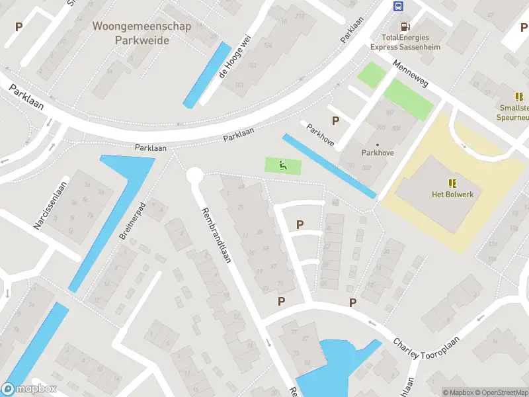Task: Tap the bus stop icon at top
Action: (399, 7)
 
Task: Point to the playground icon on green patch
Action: (283, 165)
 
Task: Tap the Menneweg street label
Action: (410, 76)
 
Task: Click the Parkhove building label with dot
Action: (378, 152)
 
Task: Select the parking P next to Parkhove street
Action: (336, 121)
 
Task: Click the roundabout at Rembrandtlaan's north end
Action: (194, 175)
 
